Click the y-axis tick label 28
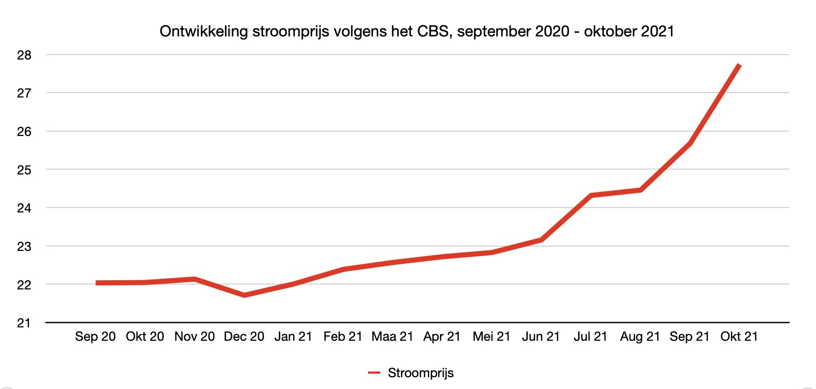[24, 55]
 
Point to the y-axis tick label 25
[24, 170]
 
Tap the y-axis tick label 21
[24, 323]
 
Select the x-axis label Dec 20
[244, 337]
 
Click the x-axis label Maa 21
[392, 337]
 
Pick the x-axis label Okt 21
[739, 337]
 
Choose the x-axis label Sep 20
[95, 337]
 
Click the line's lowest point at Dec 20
[244, 295]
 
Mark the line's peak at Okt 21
[739, 65]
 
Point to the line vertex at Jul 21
[591, 196]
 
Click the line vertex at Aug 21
[640, 190]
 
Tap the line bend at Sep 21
[690, 143]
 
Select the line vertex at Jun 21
[541, 240]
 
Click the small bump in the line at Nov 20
[195, 279]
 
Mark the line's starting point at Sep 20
[97, 283]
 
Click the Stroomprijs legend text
[421, 373]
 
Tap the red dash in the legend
[374, 373]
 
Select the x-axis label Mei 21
[492, 337]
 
